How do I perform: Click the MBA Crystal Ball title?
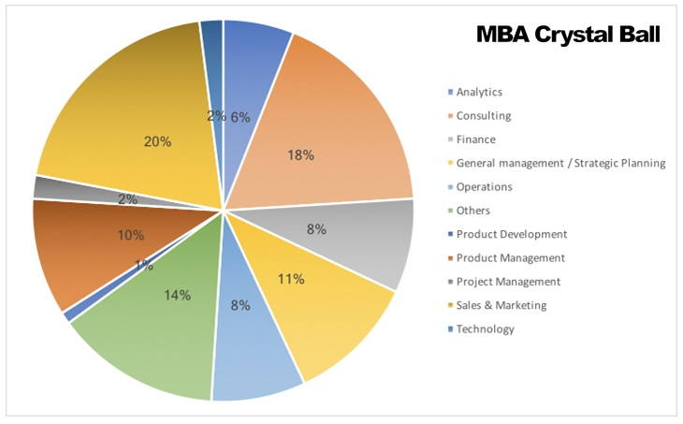click(x=569, y=35)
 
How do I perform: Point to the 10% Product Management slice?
click(x=84, y=248)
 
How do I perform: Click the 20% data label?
click(x=157, y=141)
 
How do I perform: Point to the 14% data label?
click(x=177, y=295)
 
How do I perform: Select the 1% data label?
click(x=143, y=266)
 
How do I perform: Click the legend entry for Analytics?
click(x=479, y=92)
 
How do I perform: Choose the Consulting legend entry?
click(x=483, y=116)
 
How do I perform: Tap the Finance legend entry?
click(x=476, y=139)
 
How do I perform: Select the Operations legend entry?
click(x=484, y=186)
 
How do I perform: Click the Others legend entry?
click(x=472, y=211)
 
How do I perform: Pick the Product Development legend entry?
click(x=511, y=234)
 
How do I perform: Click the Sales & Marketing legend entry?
click(x=501, y=305)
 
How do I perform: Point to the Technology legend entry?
click(x=485, y=329)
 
